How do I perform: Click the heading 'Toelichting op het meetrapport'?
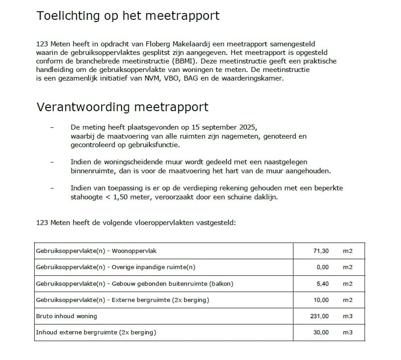click(128, 16)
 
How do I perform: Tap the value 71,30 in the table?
click(321, 251)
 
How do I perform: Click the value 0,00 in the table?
click(322, 267)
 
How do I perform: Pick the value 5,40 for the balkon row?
click(322, 283)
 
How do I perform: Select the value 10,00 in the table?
click(321, 300)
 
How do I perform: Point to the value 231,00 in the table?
click(320, 316)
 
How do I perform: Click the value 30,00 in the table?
click(321, 333)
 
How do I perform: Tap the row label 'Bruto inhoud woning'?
click(67, 316)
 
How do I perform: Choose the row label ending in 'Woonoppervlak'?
click(96, 251)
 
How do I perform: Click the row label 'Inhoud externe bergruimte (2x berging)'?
click(96, 333)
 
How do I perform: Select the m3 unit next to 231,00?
click(347, 316)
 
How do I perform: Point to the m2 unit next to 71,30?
click(347, 251)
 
